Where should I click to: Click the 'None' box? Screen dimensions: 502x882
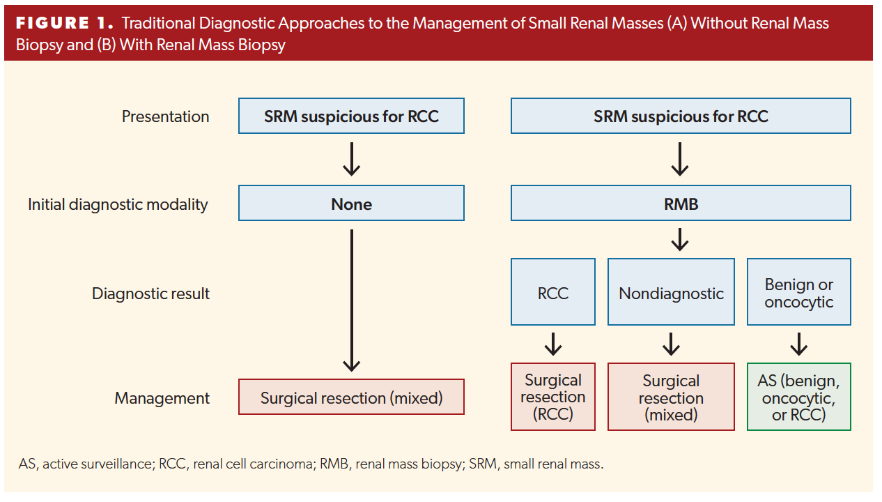[x=351, y=204]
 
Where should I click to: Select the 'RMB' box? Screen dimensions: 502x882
[x=680, y=204]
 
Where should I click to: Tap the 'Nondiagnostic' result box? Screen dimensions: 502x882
[x=671, y=292]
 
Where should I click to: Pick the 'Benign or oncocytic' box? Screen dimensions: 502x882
[x=798, y=292]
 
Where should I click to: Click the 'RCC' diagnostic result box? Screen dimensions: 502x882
[x=552, y=292]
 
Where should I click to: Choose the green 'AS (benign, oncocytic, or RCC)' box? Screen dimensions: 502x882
[x=798, y=397]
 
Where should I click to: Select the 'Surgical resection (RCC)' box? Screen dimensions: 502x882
[x=552, y=397]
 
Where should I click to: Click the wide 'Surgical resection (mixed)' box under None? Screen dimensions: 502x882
[x=351, y=397]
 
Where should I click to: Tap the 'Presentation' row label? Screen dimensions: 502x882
[x=165, y=116]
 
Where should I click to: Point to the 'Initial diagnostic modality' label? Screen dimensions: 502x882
[x=118, y=204]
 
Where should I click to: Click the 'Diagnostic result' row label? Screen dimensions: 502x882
[x=150, y=294]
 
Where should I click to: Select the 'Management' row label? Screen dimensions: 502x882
[x=162, y=398]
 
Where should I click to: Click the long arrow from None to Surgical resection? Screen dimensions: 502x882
[x=352, y=300]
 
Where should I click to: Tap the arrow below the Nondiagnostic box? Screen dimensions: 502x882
[x=671, y=344]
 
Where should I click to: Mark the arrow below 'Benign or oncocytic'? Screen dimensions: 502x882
[x=798, y=344]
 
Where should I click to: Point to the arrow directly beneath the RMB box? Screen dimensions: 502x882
[x=680, y=240]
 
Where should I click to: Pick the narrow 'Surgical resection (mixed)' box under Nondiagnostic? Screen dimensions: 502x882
[x=671, y=397]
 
